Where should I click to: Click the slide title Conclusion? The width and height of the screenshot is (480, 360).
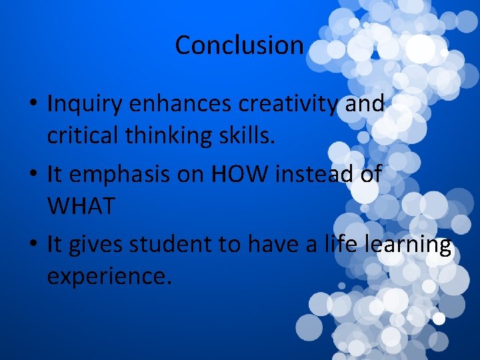pos(239,45)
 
